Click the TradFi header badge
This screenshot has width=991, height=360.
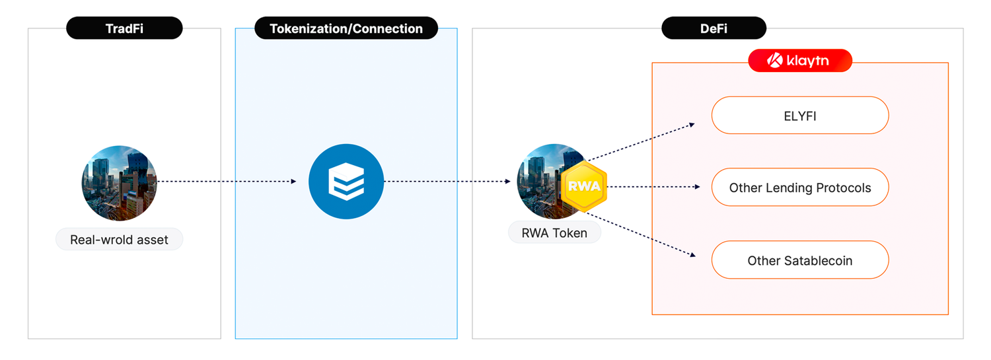tap(124, 28)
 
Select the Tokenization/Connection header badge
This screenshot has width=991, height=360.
tap(346, 28)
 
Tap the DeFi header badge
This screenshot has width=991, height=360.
tap(714, 28)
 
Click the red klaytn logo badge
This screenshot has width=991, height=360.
tap(799, 61)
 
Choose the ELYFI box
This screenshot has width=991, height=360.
tap(799, 116)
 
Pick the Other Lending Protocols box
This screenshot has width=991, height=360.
tap(799, 188)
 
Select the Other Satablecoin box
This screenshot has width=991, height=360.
tap(799, 260)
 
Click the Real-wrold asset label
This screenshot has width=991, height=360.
tap(119, 239)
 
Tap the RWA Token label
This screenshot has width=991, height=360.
tap(554, 233)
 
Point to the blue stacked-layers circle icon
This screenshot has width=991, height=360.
tap(346, 181)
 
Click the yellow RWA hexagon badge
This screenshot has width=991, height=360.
tap(584, 186)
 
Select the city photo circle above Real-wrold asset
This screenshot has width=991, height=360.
tap(119, 183)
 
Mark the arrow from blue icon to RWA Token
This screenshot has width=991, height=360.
tap(447, 181)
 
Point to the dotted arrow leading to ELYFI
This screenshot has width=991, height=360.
tap(641, 141)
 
